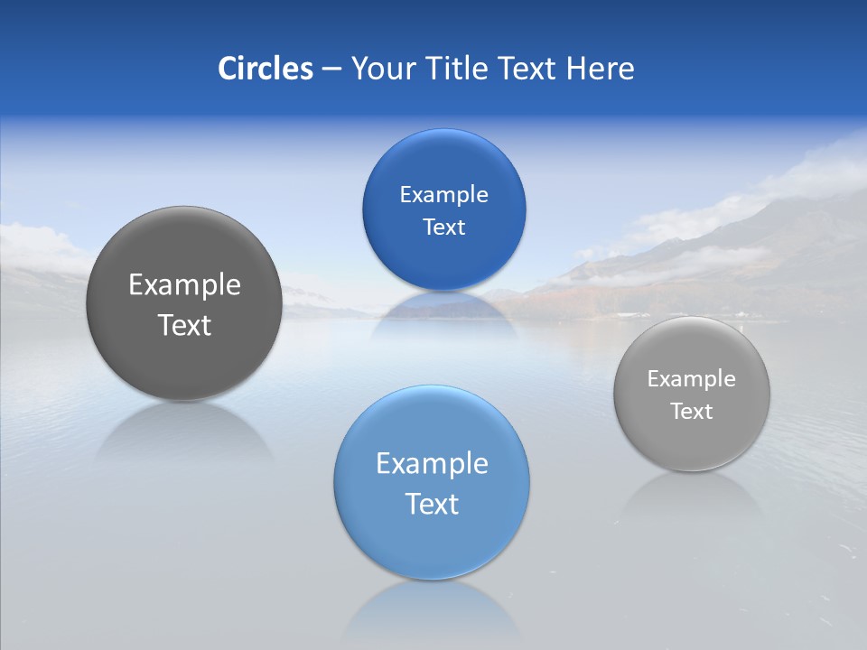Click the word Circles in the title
tap(265, 69)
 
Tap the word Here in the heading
tap(600, 69)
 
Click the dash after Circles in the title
tap(331, 70)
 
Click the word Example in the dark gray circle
tap(184, 284)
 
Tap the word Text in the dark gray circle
tap(184, 325)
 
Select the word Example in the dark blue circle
tap(443, 194)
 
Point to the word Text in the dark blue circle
tap(443, 227)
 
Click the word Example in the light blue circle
tap(432, 463)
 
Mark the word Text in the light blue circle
tap(432, 504)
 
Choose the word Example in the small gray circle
tap(692, 378)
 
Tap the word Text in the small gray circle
tap(692, 411)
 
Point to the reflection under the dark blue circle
tap(443, 311)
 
